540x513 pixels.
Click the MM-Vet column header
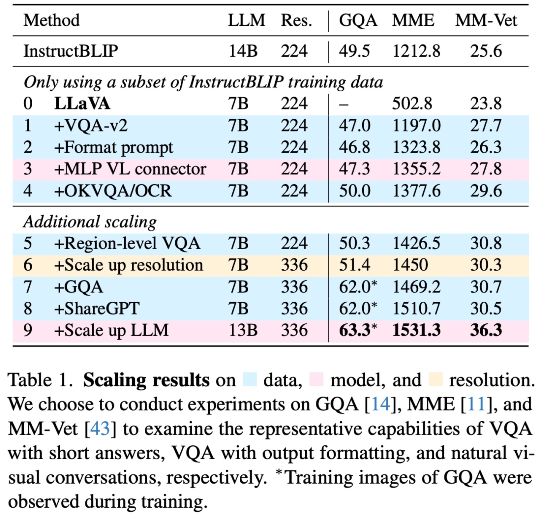tap(486, 21)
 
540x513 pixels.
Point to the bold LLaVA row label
tap(82, 103)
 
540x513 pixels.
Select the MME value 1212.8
tap(416, 51)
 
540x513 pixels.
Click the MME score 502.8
tap(416, 103)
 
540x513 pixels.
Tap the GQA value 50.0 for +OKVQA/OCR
tap(354, 191)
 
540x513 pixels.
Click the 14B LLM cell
tap(242, 51)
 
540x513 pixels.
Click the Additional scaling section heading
tap(90, 221)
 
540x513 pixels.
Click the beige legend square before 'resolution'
tap(436, 380)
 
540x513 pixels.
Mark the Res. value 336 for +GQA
tap(294, 287)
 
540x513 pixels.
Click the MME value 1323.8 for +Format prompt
tap(416, 147)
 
